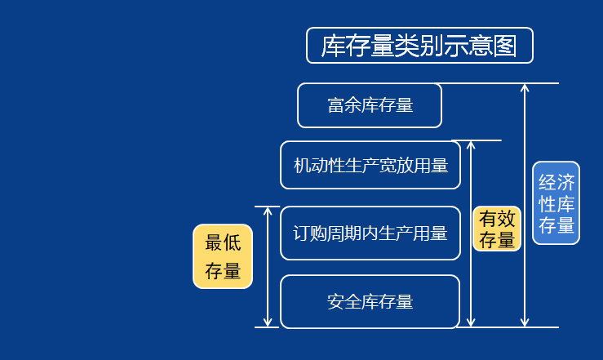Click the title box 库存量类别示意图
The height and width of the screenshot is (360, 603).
tap(419, 46)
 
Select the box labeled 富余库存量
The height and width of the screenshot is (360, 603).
tap(369, 105)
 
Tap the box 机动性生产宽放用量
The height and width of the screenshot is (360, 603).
tap(370, 166)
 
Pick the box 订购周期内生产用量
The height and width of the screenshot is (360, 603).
tap(370, 233)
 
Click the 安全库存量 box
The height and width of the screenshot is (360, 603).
tap(370, 301)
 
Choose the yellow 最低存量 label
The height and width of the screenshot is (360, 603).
tap(223, 256)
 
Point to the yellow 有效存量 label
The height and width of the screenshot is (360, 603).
tap(497, 229)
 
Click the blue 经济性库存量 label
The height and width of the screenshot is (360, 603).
tap(556, 203)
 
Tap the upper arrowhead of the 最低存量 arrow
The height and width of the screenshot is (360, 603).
tap(268, 211)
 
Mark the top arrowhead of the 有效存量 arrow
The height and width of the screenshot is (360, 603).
tap(471, 145)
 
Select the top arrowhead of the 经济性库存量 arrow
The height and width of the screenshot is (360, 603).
tap(525, 87)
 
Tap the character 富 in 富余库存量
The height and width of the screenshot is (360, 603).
tap(335, 105)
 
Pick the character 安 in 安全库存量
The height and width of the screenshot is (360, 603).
tap(335, 301)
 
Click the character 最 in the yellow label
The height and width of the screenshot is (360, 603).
tap(214, 242)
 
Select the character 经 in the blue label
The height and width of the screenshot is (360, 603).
tap(547, 182)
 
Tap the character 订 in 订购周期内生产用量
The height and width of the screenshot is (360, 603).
tap(301, 233)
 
